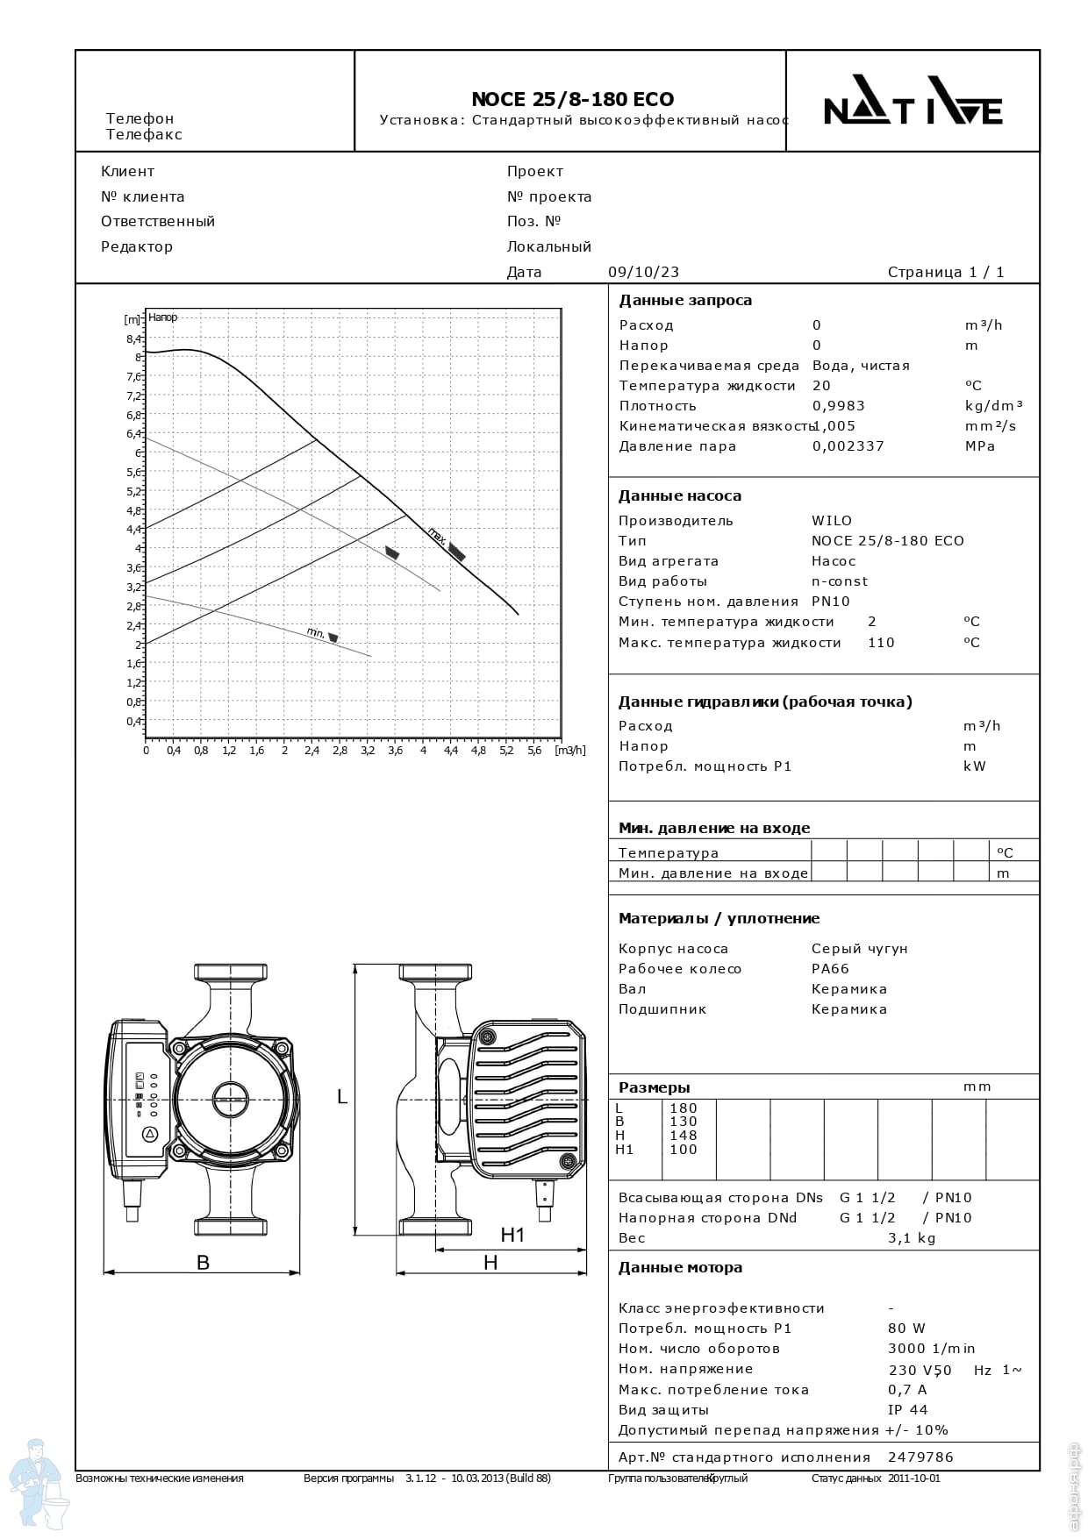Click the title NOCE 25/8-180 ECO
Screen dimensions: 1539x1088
pos(572,99)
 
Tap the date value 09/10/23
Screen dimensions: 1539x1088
pos(643,272)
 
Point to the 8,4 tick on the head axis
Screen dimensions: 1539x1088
pos(133,338)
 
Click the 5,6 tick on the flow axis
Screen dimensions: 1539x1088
pos(533,751)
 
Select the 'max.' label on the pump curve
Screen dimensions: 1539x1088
pos(437,532)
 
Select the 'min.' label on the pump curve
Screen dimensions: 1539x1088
pos(316,632)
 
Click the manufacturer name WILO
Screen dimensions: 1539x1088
pos(832,521)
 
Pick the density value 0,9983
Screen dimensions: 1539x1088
pos(838,406)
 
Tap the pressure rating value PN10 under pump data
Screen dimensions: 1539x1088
pos(831,602)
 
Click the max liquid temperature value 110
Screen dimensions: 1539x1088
pos(881,643)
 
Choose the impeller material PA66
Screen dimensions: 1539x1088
pos(830,969)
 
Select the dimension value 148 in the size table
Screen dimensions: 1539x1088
pos(683,1136)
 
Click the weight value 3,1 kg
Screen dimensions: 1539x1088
pos(912,1238)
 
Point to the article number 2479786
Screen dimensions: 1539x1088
pos(920,1457)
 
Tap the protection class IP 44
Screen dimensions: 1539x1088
pos(907,1410)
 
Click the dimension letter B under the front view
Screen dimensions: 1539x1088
pos(203,1263)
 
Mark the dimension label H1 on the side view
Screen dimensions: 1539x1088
pos(512,1235)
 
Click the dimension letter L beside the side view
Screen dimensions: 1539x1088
pos(342,1097)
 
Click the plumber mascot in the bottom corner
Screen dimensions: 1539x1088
pos(37,1482)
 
